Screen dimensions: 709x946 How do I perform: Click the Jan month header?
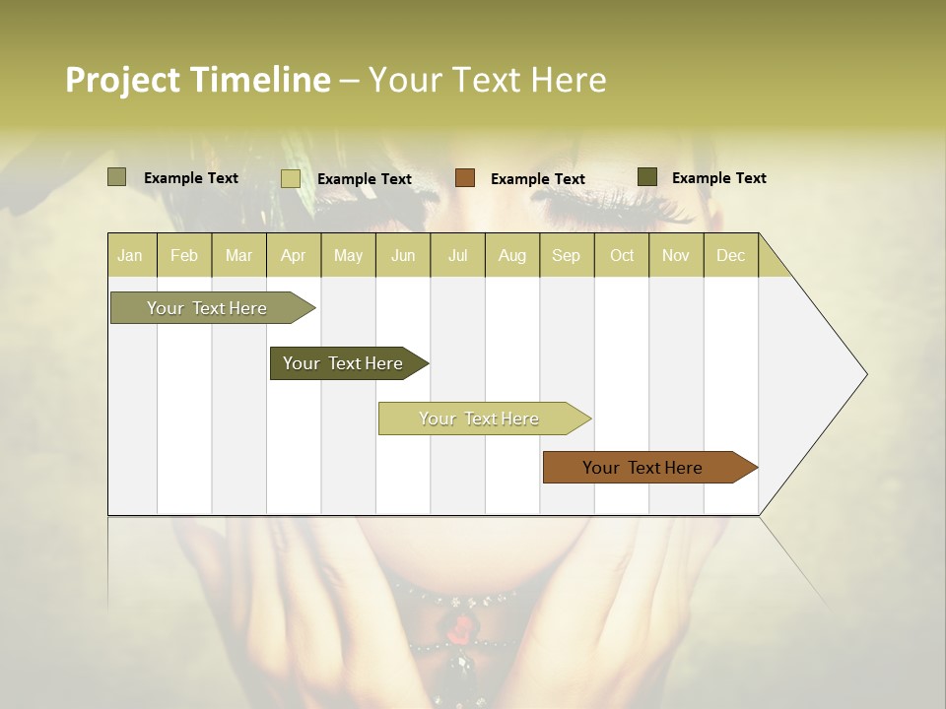[130, 255]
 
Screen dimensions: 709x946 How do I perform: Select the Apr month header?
[293, 255]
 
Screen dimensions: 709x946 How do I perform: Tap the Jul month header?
[457, 255]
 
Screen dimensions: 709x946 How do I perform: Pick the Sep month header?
[566, 255]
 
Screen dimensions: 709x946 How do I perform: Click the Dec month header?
[730, 255]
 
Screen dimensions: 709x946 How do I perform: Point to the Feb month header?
[184, 255]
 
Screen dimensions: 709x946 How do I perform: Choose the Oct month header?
[622, 255]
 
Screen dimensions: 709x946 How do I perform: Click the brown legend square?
[465, 178]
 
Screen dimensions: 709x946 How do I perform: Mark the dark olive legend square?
[647, 177]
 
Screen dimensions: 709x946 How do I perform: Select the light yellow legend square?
[291, 178]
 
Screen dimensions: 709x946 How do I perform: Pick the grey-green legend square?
[117, 177]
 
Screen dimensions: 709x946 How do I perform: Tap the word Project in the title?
[122, 80]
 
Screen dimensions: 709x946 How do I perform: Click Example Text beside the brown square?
[537, 178]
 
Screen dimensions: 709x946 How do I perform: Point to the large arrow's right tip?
[865, 374]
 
